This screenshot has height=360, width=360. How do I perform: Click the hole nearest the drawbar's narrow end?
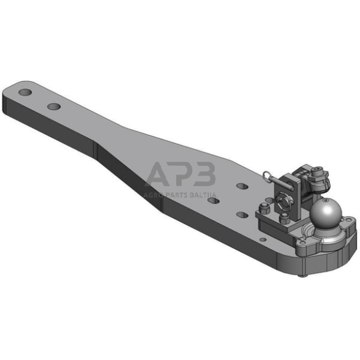(25, 92)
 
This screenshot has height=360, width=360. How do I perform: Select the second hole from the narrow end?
(54, 107)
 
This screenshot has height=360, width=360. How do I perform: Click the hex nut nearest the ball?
(285, 218)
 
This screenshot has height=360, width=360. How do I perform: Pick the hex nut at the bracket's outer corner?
(263, 208)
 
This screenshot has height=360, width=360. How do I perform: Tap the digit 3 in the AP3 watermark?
(204, 174)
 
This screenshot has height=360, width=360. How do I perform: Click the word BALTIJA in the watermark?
(203, 195)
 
